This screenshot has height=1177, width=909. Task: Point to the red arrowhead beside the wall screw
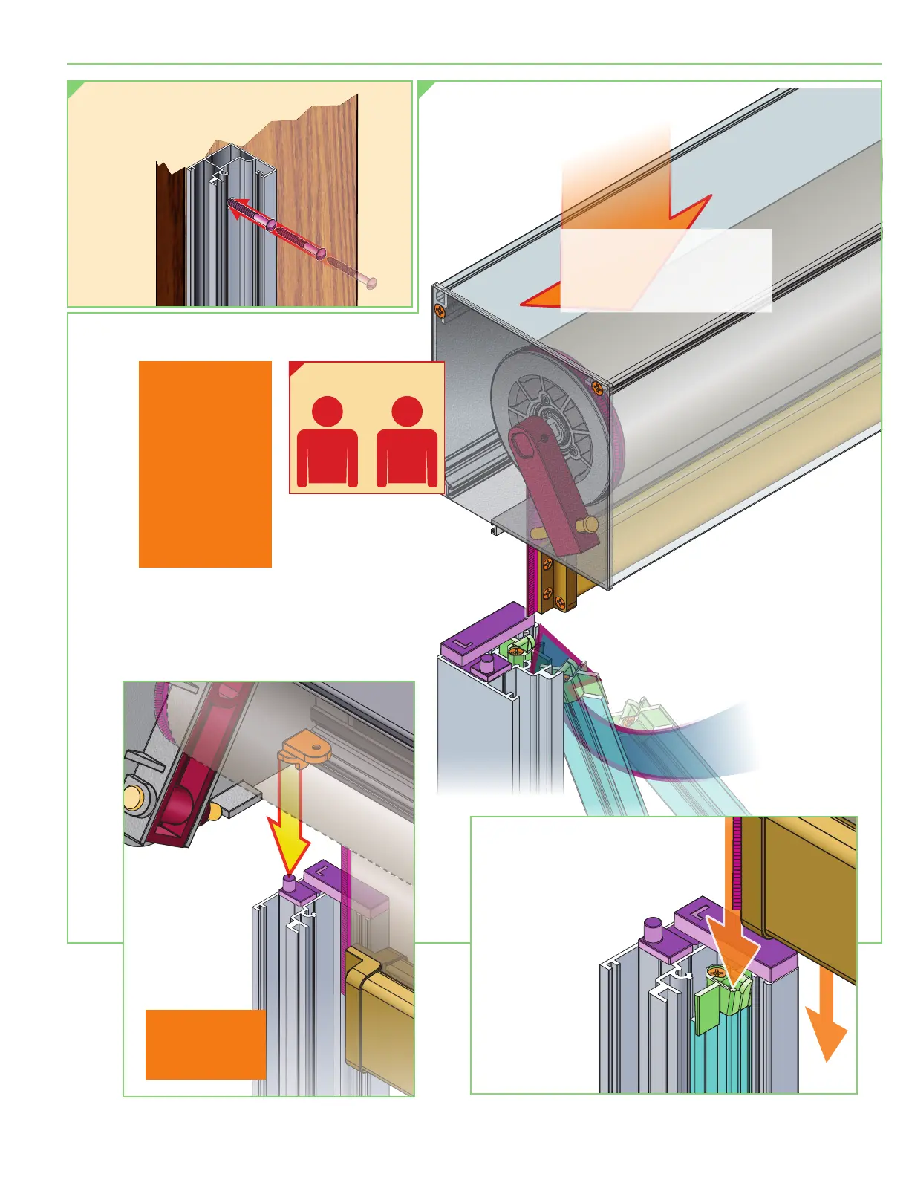tap(237, 213)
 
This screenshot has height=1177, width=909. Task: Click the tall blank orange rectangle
tap(205, 464)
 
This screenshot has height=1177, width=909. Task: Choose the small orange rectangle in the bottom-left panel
tap(206, 1044)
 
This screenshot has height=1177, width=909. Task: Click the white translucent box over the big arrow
tap(665, 270)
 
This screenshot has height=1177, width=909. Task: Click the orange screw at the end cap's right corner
tap(597, 387)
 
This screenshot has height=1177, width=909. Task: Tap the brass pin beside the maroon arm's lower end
tap(590, 525)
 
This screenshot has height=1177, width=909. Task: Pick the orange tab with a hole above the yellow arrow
tap(307, 748)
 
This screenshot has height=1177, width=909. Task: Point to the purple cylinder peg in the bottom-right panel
tap(652, 928)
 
